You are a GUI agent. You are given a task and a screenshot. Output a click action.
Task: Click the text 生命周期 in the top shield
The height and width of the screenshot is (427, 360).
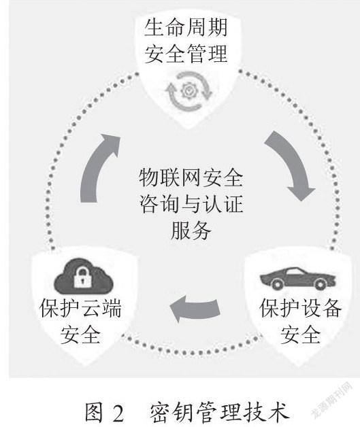(186, 27)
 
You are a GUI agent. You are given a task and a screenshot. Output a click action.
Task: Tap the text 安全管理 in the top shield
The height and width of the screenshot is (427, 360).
(186, 54)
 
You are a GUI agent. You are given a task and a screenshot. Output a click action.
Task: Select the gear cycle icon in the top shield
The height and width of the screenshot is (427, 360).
(189, 91)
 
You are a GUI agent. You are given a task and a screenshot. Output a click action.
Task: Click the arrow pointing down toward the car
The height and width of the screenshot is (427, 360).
(291, 163)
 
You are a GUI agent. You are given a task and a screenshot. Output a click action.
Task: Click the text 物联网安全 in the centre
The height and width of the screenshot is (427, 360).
(191, 178)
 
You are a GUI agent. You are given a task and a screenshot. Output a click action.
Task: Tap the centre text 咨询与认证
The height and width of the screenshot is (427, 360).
(191, 204)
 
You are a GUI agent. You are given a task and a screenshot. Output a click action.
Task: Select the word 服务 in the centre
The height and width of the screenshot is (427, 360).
(191, 230)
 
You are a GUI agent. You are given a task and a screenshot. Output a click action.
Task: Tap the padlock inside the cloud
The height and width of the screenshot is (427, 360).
(82, 277)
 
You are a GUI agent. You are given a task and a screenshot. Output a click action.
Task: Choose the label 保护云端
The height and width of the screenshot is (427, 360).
(80, 308)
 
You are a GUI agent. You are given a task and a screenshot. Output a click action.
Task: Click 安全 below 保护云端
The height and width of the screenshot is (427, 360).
(80, 335)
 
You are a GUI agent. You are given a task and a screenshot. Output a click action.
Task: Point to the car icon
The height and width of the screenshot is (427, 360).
(297, 278)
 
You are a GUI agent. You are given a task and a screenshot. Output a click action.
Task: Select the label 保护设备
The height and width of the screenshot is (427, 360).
(300, 308)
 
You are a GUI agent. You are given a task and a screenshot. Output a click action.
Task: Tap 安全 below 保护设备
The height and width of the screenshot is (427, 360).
(300, 335)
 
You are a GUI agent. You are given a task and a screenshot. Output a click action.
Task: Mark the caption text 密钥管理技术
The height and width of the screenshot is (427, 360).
(219, 413)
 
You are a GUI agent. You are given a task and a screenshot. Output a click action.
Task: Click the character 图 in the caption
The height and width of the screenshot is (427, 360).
(95, 413)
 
